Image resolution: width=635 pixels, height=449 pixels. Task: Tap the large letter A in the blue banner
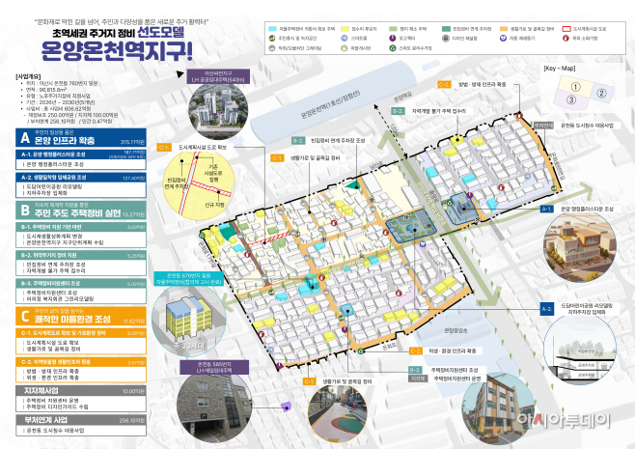25,138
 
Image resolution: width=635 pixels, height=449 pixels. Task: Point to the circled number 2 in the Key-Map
600,94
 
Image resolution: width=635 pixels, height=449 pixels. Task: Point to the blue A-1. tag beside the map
546,209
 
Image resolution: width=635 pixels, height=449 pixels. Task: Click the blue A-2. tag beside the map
546,304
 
